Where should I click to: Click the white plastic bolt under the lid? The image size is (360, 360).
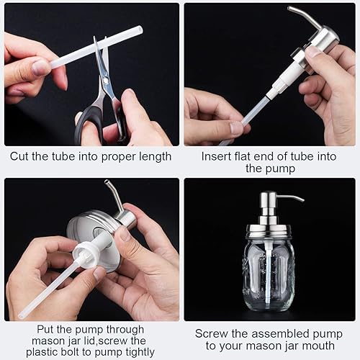click(86, 256)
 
